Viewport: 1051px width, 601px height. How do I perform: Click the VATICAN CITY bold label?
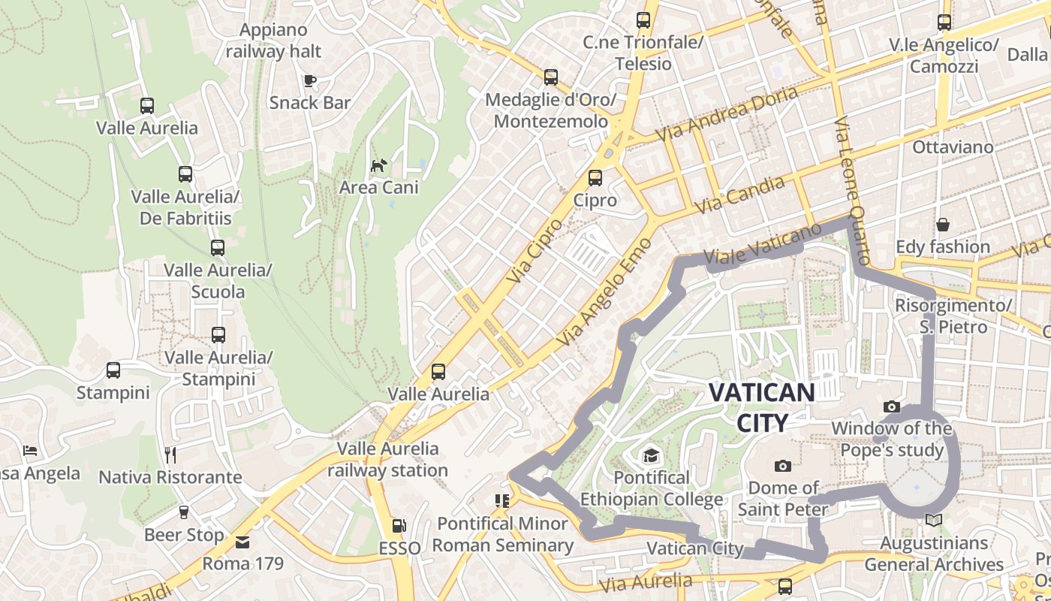[x=761, y=407]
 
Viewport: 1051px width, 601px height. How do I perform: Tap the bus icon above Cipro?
[x=595, y=178]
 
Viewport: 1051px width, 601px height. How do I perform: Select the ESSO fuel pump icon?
[x=400, y=527]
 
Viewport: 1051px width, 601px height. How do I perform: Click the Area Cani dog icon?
[x=379, y=165]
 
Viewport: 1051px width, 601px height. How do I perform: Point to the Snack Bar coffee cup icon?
[x=309, y=80]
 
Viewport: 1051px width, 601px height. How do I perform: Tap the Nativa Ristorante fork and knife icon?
[x=170, y=455]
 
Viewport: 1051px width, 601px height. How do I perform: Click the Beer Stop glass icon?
[x=183, y=512]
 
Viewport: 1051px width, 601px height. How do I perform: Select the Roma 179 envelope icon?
[x=242, y=541]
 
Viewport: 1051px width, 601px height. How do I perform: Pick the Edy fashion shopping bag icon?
[x=942, y=225]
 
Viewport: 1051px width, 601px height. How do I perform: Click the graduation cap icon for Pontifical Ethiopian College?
[x=651, y=455]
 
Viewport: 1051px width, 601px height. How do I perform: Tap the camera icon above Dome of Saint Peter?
[x=782, y=466]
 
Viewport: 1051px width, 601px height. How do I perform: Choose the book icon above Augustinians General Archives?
[x=934, y=520]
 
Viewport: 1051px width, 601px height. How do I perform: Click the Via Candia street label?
[x=740, y=194]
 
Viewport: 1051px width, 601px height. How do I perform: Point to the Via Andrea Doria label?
[x=727, y=114]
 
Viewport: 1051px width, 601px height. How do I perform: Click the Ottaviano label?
[x=953, y=147]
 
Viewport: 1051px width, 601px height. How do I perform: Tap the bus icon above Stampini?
[x=113, y=370]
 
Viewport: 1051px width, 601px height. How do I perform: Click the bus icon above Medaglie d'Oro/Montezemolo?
[x=550, y=77]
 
